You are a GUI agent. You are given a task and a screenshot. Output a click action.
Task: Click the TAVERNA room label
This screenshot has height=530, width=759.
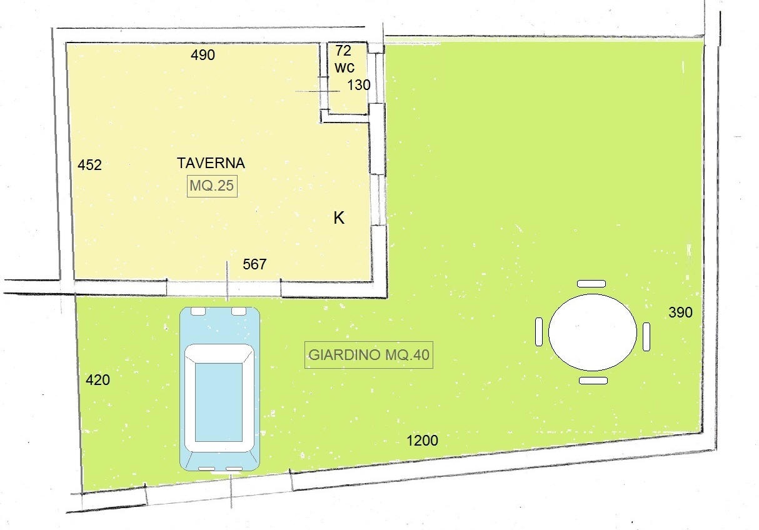pyautogui.click(x=211, y=163)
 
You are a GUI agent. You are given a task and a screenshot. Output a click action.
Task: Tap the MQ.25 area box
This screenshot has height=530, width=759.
pyautogui.click(x=212, y=186)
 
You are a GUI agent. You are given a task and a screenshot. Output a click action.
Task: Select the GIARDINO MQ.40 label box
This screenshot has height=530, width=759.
pyautogui.click(x=369, y=354)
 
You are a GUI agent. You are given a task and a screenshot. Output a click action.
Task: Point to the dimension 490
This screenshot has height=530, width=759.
pyautogui.click(x=203, y=55)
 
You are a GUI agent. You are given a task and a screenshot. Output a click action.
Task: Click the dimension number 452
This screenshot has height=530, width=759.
pyautogui.click(x=89, y=165)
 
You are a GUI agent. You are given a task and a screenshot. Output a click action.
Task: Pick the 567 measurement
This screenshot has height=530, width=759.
pyautogui.click(x=254, y=264)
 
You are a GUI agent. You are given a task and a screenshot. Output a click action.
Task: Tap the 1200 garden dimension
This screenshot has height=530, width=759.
pyautogui.click(x=422, y=441)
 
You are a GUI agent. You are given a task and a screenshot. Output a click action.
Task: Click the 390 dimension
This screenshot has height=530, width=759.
pyautogui.click(x=680, y=312)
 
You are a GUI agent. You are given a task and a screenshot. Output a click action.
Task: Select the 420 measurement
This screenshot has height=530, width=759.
pyautogui.click(x=98, y=380)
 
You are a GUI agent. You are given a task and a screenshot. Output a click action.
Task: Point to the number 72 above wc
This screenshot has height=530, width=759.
pyautogui.click(x=343, y=51)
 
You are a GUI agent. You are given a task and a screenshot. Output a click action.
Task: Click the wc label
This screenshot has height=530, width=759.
pyautogui.click(x=344, y=67)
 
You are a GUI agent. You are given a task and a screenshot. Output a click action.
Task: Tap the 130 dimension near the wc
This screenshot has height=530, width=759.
pyautogui.click(x=359, y=85)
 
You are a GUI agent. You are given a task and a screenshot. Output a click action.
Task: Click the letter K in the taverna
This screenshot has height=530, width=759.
pyautogui.click(x=339, y=218)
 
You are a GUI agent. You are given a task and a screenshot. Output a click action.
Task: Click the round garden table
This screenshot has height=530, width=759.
pyautogui.click(x=592, y=332)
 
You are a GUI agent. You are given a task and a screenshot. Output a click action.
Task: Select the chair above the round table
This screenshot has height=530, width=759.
pyautogui.click(x=591, y=284)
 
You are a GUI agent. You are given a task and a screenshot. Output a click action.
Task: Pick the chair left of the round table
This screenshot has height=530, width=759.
pyautogui.click(x=539, y=332)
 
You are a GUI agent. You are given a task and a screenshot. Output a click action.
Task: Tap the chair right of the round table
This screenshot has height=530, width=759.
pyautogui.click(x=646, y=337)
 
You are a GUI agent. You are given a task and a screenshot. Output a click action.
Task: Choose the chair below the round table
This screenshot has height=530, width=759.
pyautogui.click(x=593, y=381)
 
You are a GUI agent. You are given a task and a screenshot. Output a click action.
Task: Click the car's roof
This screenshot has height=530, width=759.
pyautogui.click(x=219, y=402)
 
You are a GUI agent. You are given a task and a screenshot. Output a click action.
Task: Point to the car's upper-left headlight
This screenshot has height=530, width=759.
pyautogui.click(x=198, y=311)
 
